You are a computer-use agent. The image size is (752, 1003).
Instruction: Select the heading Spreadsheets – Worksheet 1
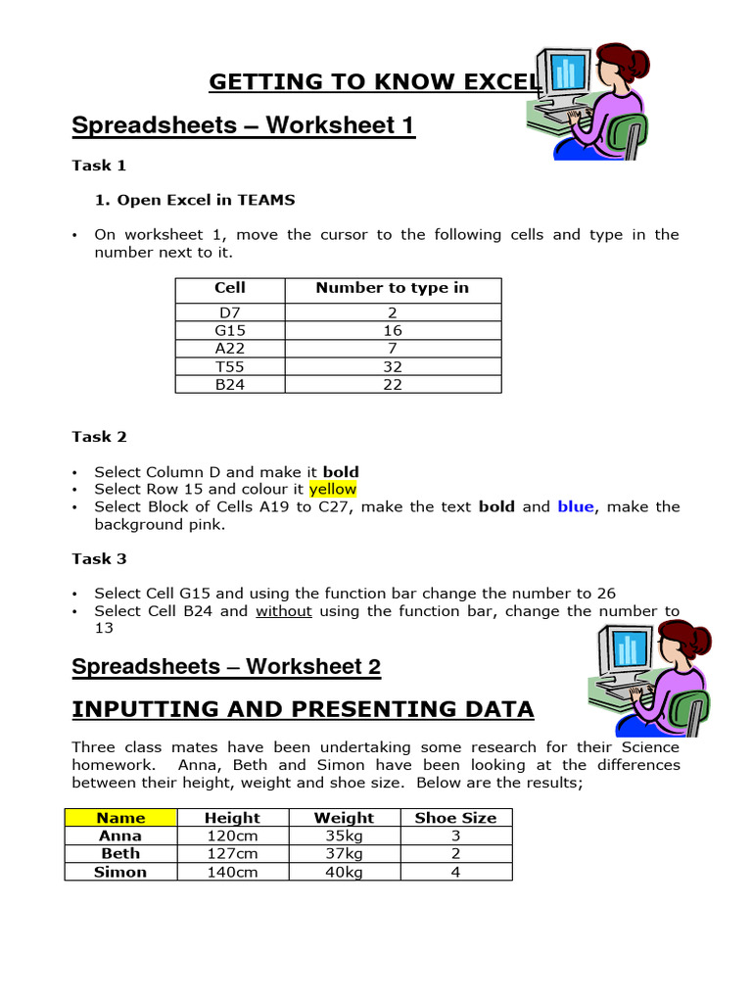[x=244, y=126]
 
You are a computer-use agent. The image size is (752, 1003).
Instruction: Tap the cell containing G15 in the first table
[x=229, y=331]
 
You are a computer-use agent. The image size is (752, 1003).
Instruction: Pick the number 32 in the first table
[x=393, y=366]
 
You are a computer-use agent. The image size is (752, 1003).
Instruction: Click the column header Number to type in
[x=392, y=288]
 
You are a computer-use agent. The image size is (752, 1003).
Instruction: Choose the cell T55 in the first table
[x=229, y=366]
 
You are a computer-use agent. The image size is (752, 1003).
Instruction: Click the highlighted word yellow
[x=333, y=489]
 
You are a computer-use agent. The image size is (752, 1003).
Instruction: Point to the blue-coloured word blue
[x=575, y=506]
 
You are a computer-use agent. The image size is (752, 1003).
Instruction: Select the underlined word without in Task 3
[x=284, y=611]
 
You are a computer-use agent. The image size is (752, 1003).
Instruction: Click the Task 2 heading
[x=99, y=437]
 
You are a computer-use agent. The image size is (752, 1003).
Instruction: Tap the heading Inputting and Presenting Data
[x=303, y=709]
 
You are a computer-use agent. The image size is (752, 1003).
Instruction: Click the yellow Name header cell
[x=120, y=818]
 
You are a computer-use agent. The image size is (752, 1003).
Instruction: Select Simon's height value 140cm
[x=232, y=872]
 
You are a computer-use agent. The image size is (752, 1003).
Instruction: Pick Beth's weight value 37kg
[x=344, y=854]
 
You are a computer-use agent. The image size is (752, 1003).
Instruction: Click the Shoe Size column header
[x=455, y=818]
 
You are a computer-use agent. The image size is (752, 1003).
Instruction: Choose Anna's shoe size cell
[x=455, y=836]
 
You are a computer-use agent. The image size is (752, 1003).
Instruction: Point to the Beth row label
[x=120, y=854]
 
